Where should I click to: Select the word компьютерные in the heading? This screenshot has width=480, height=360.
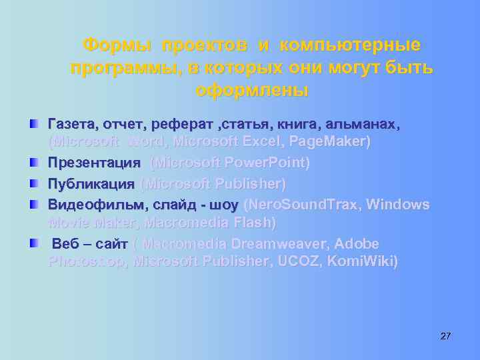click(351, 45)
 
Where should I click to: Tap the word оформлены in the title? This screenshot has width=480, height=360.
click(252, 89)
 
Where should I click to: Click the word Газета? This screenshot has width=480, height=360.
click(71, 124)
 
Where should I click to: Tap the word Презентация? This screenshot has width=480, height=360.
click(94, 163)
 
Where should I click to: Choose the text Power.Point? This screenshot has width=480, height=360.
click(267, 163)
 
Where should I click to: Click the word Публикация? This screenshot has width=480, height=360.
click(91, 183)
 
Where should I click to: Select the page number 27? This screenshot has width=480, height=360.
click(445, 335)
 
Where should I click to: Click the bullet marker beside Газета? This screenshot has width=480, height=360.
click(33, 124)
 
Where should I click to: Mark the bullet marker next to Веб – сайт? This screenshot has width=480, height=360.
click(33, 243)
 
